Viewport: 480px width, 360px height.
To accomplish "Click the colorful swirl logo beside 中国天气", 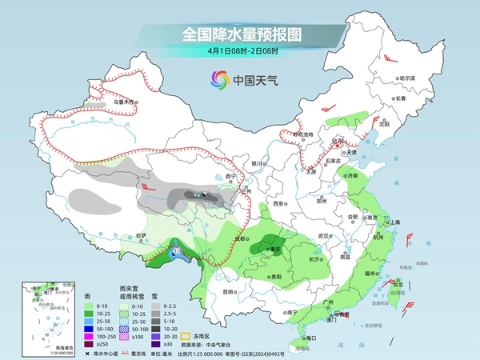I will click(218, 80).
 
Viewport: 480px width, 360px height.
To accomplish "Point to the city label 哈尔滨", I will click(407, 78).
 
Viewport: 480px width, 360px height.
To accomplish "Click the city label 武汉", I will click(324, 236).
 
